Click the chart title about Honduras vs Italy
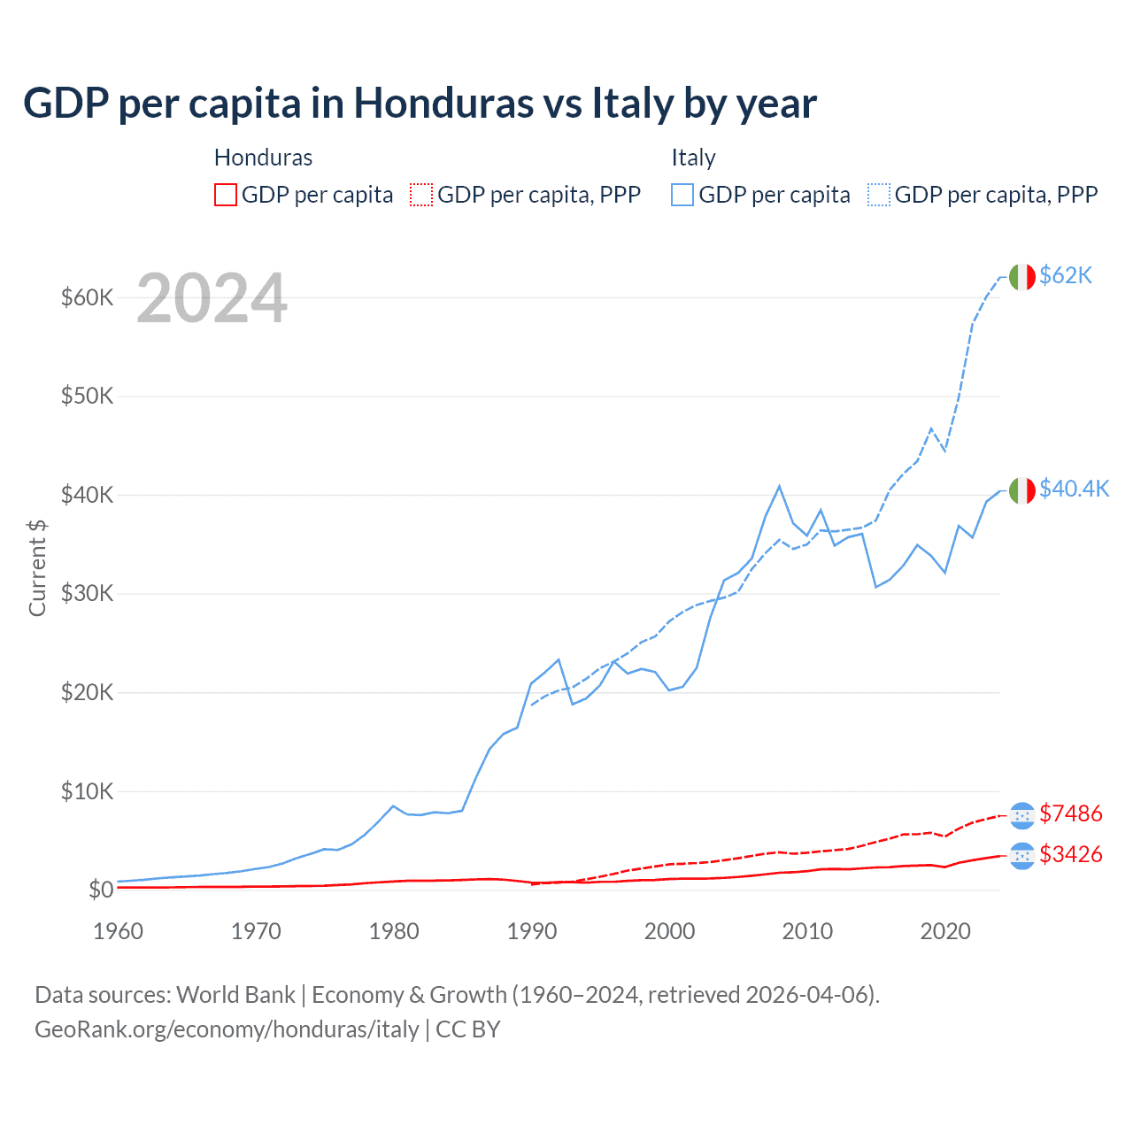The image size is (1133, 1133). pos(420,104)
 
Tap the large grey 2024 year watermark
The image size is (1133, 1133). pos(212,298)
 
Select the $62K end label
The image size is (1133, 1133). pos(1066,275)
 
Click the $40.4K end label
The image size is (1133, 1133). pos(1074,489)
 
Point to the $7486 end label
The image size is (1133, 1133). pos(1070,813)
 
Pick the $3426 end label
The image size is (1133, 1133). pos(1070,854)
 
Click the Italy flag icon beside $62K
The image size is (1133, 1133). pos(1021,277)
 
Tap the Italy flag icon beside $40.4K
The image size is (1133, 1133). pos(1021,489)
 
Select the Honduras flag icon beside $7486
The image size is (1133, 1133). pos(1021,815)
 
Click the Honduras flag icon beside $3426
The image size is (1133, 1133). pos(1021,856)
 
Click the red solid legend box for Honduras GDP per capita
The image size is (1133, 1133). pos(226,195)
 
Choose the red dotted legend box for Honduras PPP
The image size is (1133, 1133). pos(421,195)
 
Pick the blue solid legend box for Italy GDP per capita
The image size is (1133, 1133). pos(682,195)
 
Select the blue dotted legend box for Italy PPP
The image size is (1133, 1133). pos(879,195)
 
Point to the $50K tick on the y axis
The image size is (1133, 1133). pos(87,396)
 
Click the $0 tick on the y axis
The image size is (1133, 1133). pos(100,890)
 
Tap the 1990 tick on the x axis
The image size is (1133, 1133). pos(532,931)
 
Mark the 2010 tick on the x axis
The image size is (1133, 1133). pos(807,931)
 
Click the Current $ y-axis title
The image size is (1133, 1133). pos(37,567)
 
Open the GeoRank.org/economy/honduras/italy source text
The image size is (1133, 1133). pos(227,1029)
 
